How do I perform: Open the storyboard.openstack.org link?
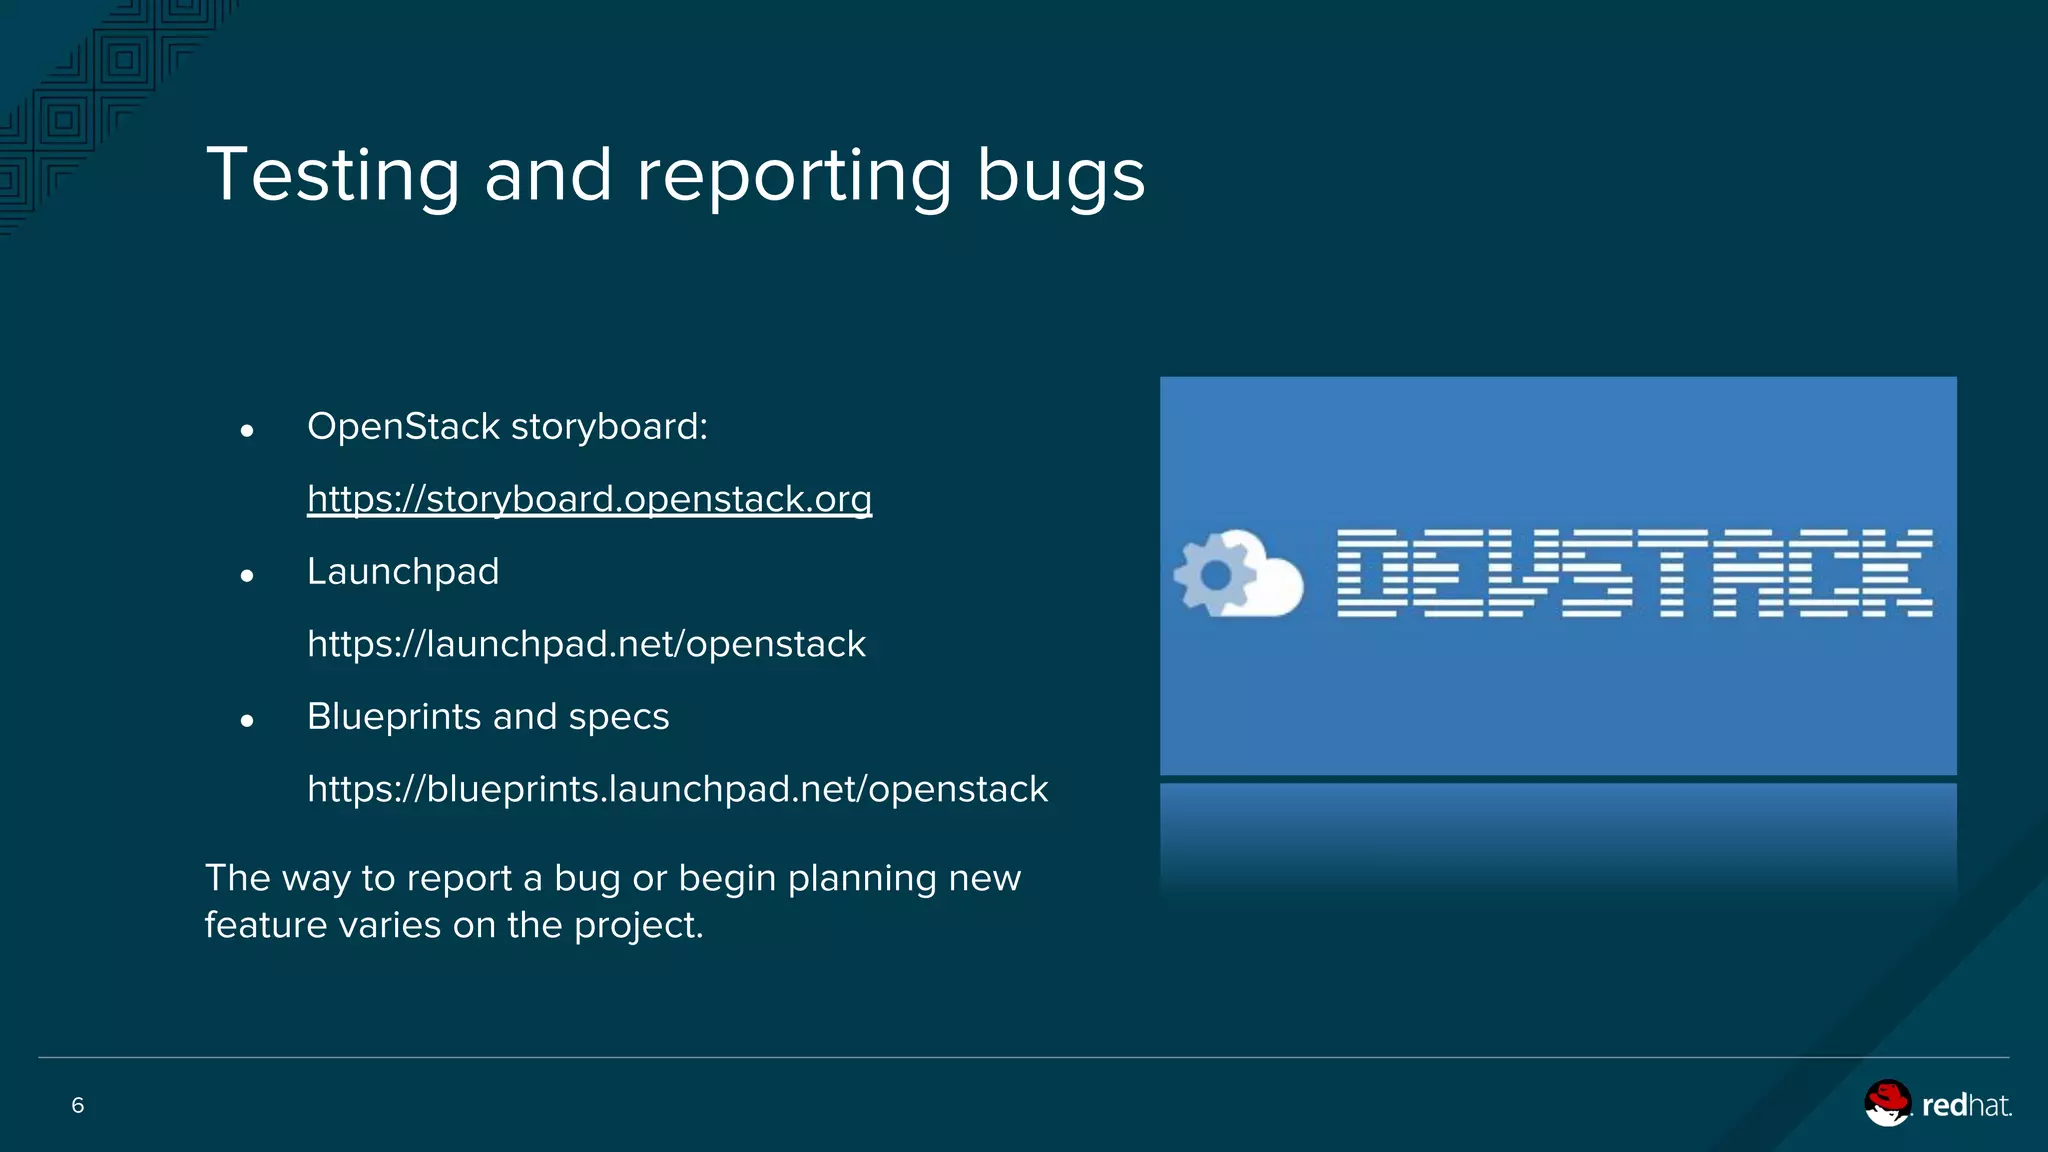(x=589, y=499)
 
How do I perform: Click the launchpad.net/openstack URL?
(x=586, y=644)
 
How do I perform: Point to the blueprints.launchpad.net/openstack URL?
(x=677, y=789)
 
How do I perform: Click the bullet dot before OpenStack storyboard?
(x=247, y=431)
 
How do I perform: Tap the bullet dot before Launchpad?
(x=247, y=576)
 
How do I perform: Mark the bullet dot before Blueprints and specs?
(x=247, y=721)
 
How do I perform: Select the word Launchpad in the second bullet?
(x=403, y=572)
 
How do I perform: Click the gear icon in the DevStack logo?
(x=1214, y=574)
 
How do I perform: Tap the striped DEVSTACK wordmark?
(x=1634, y=573)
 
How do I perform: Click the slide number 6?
(x=78, y=1105)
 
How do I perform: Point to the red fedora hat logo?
(x=1887, y=1103)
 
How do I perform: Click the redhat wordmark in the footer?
(x=1966, y=1105)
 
